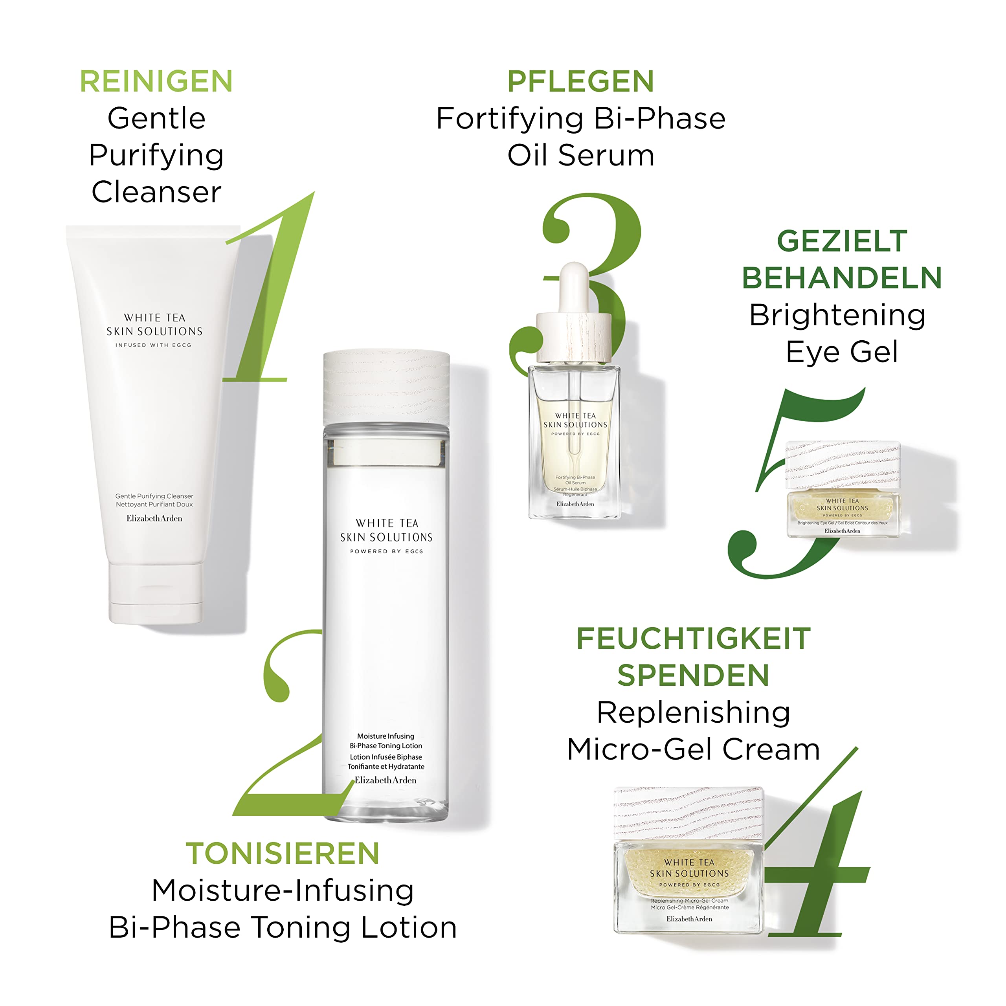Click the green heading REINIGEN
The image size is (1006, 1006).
pyautogui.click(x=156, y=82)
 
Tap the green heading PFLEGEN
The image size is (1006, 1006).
pyautogui.click(x=580, y=82)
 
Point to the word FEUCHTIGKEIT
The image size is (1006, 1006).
pyautogui.click(x=694, y=639)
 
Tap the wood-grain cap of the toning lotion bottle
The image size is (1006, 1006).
pyautogui.click(x=386, y=386)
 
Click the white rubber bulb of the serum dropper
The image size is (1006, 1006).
pyautogui.click(x=574, y=286)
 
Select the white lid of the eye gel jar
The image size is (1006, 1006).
pyautogui.click(x=843, y=464)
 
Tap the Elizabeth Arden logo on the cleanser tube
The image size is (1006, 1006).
pyautogui.click(x=155, y=519)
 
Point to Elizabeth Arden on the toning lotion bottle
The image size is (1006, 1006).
pyautogui.click(x=386, y=780)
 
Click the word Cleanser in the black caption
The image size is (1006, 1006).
pyautogui.click(x=156, y=192)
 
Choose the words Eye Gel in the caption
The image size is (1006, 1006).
pyautogui.click(x=842, y=352)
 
